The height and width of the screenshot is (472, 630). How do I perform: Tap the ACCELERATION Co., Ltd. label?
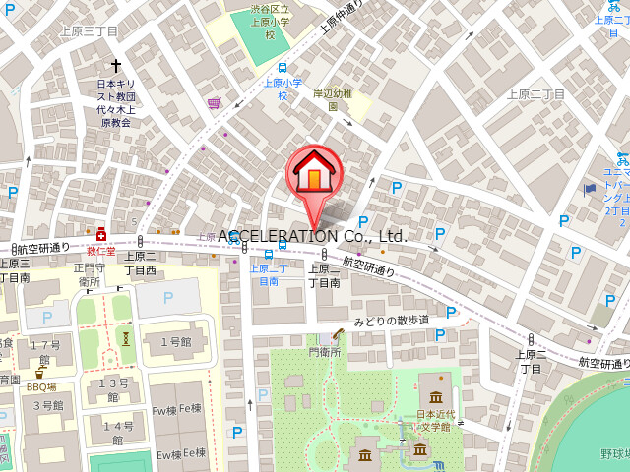click(x=312, y=236)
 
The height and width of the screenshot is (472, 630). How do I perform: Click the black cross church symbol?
click(x=114, y=60)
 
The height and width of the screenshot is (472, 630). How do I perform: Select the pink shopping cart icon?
click(x=214, y=102)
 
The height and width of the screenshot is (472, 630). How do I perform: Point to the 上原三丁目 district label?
click(x=90, y=31)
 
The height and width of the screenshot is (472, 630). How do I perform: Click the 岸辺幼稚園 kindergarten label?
click(x=333, y=99)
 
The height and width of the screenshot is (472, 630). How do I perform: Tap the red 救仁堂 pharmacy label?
click(x=101, y=251)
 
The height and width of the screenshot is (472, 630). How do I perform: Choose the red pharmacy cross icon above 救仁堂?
click(x=101, y=234)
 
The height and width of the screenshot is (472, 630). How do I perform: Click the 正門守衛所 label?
click(x=89, y=273)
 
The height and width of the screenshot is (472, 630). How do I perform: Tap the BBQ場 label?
click(x=41, y=386)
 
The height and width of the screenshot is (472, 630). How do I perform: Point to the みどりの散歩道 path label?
click(x=392, y=321)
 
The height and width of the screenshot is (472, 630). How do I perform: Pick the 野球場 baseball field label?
click(x=613, y=454)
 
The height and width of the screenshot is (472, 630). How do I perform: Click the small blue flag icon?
click(x=590, y=188)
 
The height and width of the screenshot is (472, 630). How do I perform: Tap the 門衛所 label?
click(x=324, y=351)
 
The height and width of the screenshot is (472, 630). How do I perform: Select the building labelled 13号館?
click(x=113, y=389)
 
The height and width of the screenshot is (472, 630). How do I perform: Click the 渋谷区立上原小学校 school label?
click(x=269, y=21)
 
